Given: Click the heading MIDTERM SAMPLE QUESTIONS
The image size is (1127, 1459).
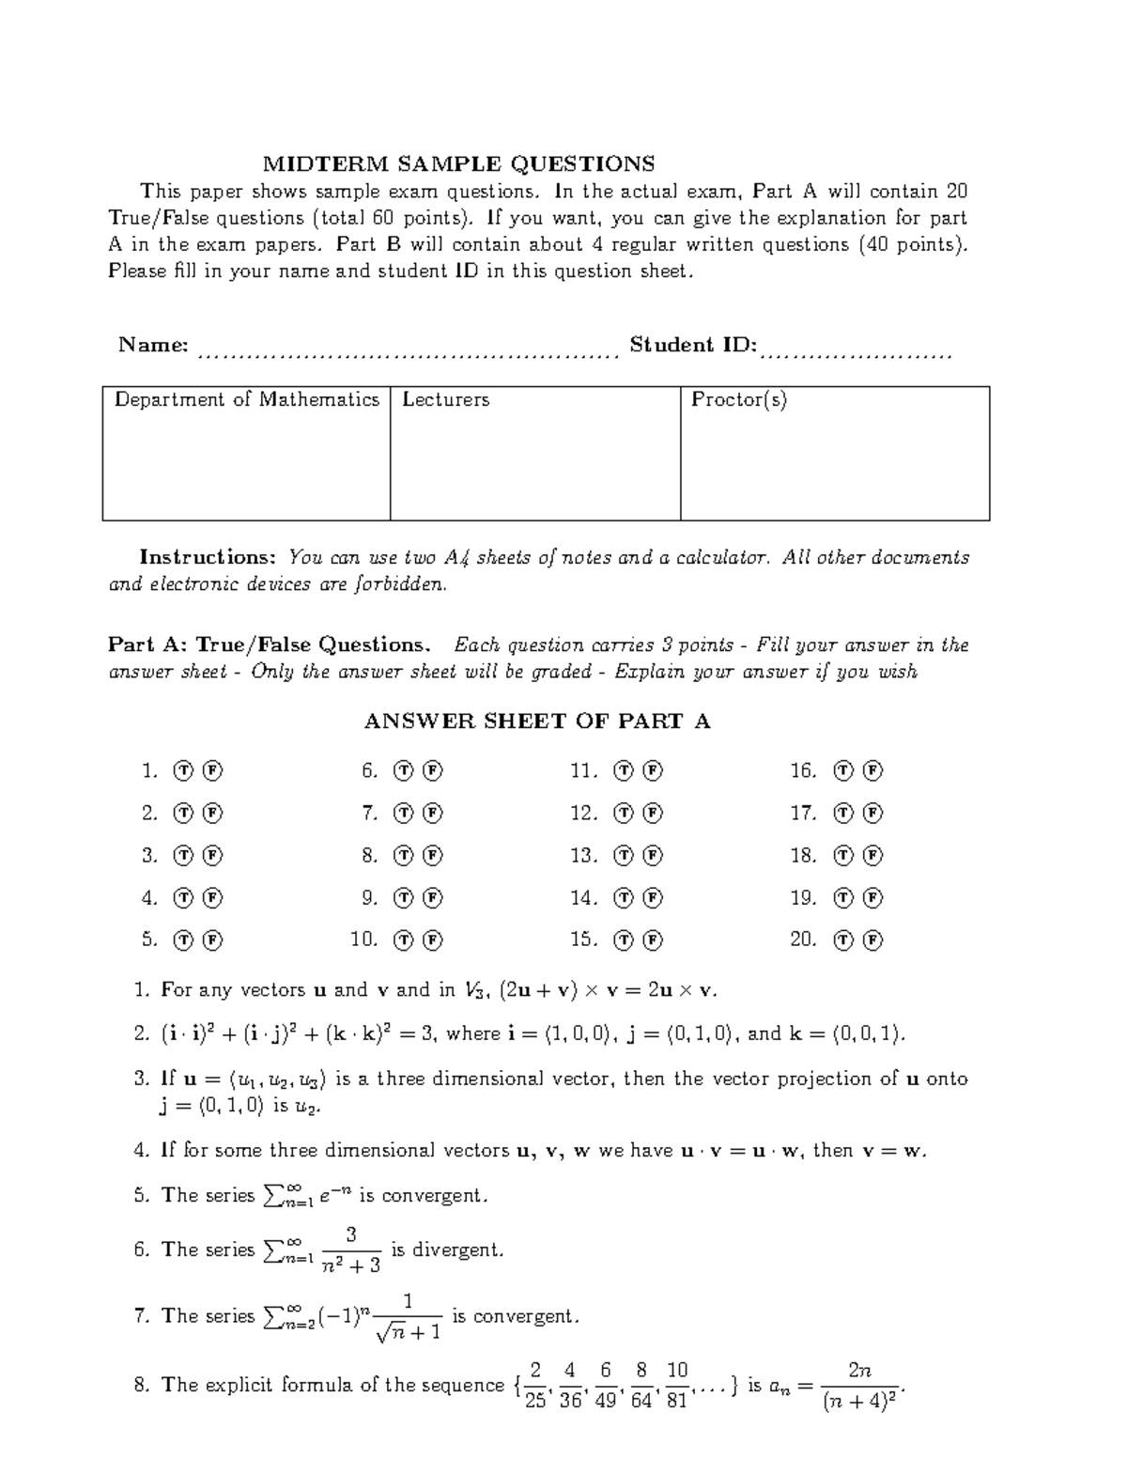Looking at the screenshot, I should tap(458, 164).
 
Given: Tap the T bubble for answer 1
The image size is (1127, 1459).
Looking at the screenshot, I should tap(184, 771).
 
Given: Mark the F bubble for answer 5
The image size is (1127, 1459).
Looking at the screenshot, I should tap(213, 939).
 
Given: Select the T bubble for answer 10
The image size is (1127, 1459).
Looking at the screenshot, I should tap(404, 939).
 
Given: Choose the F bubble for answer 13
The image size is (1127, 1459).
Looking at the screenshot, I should tap(653, 856).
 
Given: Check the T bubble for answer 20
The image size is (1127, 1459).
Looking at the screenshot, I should tap(844, 939).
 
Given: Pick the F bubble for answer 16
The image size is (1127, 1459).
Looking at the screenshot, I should tap(873, 771).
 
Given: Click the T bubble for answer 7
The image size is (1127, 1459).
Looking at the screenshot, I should tap(404, 814).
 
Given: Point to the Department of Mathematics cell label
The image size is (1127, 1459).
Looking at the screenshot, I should tap(246, 400).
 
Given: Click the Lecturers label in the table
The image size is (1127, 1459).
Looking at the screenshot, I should tap(446, 400).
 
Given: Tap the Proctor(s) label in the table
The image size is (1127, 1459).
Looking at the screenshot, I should tap(739, 400).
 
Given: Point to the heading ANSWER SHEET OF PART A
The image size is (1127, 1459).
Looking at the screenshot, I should tap(536, 722).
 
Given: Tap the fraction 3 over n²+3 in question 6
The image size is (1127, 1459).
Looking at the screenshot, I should tap(350, 1249).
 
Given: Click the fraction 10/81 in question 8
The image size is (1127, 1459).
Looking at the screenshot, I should tap(677, 1385).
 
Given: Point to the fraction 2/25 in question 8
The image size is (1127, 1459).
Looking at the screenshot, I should tap(535, 1385).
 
